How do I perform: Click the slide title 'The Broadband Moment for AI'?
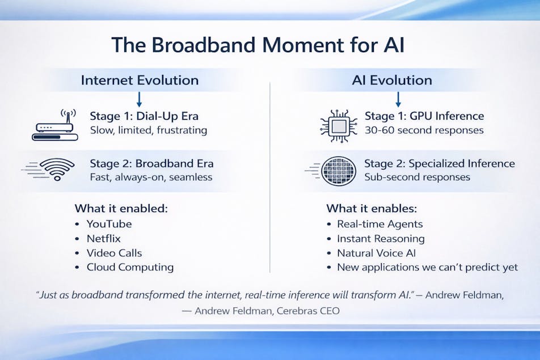click(x=258, y=45)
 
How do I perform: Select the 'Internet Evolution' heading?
click(x=140, y=80)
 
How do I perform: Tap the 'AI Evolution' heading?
click(x=392, y=80)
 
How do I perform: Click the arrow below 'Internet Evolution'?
click(x=139, y=99)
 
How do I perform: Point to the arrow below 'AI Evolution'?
click(x=398, y=99)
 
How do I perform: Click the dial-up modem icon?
click(x=55, y=125)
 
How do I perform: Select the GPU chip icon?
click(x=339, y=126)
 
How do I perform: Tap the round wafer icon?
click(x=339, y=171)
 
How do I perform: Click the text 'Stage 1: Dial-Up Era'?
click(x=144, y=116)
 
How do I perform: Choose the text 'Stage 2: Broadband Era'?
click(x=151, y=163)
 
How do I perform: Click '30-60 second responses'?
click(x=424, y=130)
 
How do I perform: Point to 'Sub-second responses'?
click(x=417, y=177)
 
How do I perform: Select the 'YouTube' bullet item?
click(x=109, y=224)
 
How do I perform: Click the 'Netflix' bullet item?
click(x=103, y=239)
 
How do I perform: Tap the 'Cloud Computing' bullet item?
click(x=130, y=268)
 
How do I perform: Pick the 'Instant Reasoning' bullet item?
click(x=381, y=239)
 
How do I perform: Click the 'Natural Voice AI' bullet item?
click(x=377, y=253)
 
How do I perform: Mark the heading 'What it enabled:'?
click(x=121, y=209)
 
